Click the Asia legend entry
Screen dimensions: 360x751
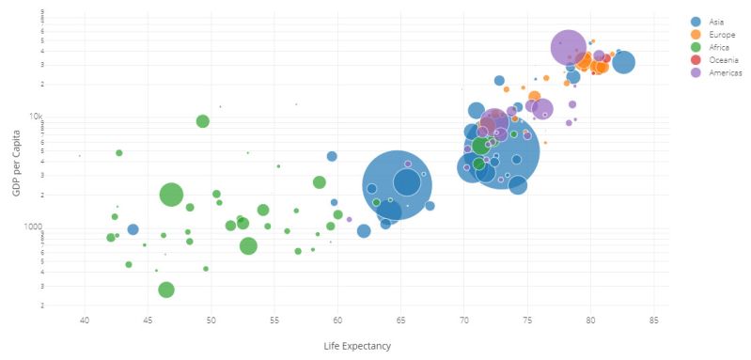pyautogui.click(x=714, y=21)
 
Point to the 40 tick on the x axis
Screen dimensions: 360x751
pyautogui.click(x=85, y=321)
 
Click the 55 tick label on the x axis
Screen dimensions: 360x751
pyautogui.click(x=274, y=321)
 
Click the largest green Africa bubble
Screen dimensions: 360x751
pyautogui.click(x=171, y=195)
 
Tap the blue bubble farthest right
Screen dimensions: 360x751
pyautogui.click(x=623, y=62)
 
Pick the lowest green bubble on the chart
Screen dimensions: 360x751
pyautogui.click(x=166, y=290)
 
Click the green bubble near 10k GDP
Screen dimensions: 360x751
pyautogui.click(x=203, y=121)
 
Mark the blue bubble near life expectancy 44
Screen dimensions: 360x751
pyautogui.click(x=133, y=229)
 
